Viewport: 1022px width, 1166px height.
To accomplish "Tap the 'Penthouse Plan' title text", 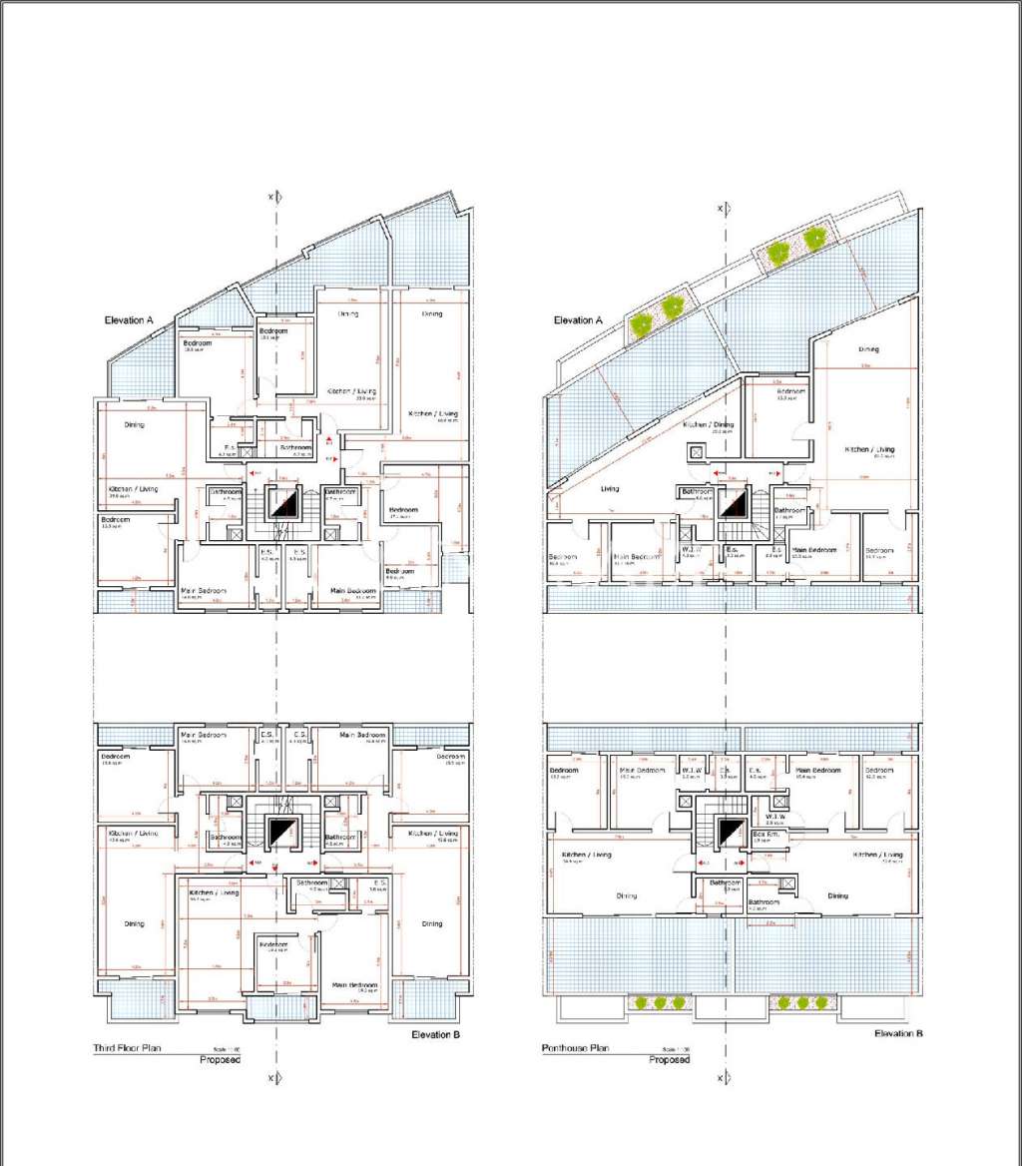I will tap(575, 1048).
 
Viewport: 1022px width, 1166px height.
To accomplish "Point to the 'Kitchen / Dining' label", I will tap(709, 425).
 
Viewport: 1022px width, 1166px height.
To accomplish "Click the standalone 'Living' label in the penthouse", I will tap(610, 489).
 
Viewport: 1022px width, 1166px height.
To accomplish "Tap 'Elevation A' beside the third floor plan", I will tap(129, 320).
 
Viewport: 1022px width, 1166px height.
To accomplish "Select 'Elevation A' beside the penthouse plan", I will tap(579, 320).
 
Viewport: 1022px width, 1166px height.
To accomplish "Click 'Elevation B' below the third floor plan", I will tap(435, 1035).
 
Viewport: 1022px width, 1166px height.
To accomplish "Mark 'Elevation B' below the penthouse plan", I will tap(898, 1033).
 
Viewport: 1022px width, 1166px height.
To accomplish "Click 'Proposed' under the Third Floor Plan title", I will tap(221, 1059).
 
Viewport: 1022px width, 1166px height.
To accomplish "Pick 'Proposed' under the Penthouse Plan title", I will tap(670, 1059).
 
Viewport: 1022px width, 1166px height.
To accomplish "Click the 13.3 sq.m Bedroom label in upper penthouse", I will tap(791, 392).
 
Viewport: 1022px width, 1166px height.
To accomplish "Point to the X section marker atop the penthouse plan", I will tap(721, 208).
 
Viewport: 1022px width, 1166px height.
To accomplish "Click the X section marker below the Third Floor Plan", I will tap(272, 1078).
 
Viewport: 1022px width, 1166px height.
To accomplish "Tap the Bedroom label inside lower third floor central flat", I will tap(272, 944).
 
